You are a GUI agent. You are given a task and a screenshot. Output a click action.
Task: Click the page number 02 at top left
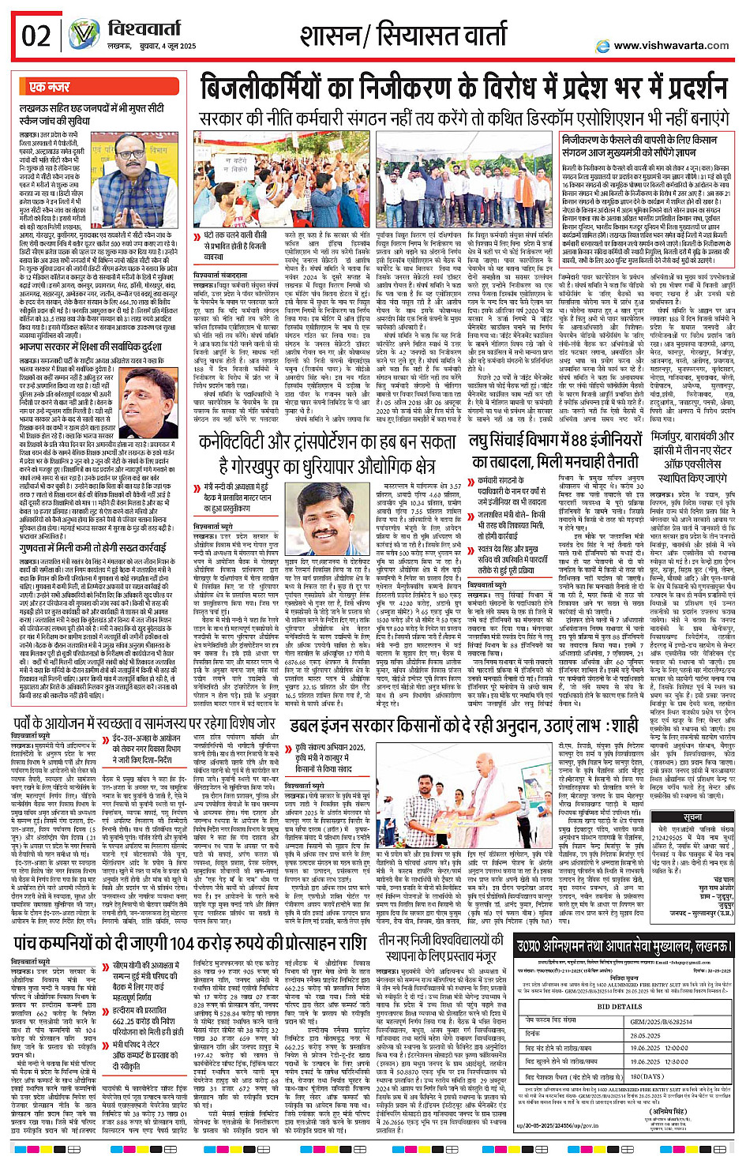36,36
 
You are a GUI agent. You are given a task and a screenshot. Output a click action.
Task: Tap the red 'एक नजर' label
50,87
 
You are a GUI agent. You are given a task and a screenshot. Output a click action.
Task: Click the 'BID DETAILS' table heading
619,1006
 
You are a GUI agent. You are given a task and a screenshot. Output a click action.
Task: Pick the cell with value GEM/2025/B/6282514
661,1021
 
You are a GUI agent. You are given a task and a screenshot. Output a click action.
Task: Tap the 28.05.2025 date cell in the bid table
645,1035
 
